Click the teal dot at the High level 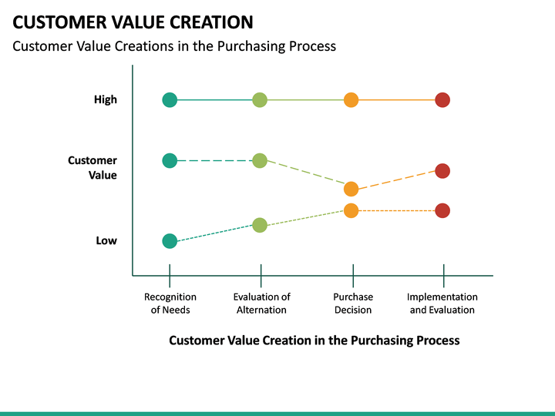tap(170, 99)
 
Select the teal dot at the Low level tap(170, 241)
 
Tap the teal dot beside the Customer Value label tap(170, 160)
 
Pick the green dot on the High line tap(260, 99)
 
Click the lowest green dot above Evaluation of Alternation tap(260, 225)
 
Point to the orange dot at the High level tap(351, 99)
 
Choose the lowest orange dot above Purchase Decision tap(351, 210)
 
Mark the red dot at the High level tap(442, 99)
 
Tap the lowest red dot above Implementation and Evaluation tap(442, 210)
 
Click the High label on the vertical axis tap(106, 99)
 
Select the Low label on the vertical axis tap(106, 240)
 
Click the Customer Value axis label tap(93, 167)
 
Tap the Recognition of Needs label tap(170, 304)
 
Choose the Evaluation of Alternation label tap(261, 304)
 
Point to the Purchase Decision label tap(353, 304)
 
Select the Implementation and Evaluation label tap(442, 304)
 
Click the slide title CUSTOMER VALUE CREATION tap(133, 22)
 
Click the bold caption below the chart tap(314, 340)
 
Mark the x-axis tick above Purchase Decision tap(353, 275)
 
